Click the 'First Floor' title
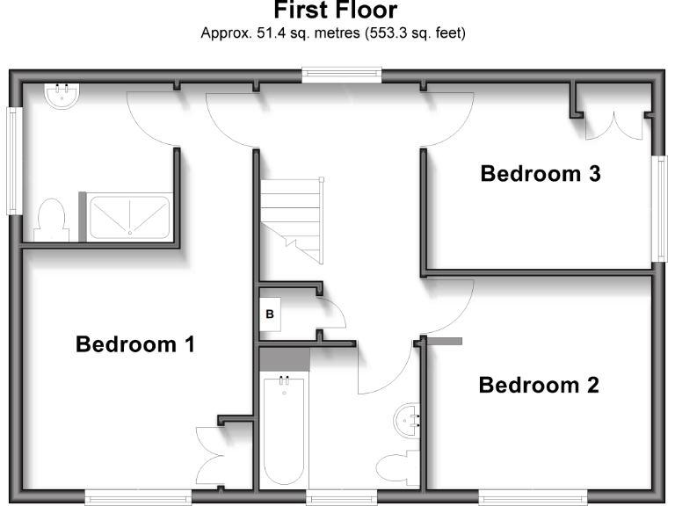pos(335,11)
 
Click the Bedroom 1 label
pos(134,343)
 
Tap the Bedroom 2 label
pos(539,385)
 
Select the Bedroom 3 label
pos(541,174)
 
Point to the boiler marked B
pos(270,314)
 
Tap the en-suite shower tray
pos(130,216)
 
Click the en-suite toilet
pos(51,220)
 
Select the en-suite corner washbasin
pos(62,95)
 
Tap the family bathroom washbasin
pos(410,420)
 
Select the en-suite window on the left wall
pos(13,160)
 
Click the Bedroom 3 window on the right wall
pos(658,208)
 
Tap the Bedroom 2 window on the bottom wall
pos(522,498)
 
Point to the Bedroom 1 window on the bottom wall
pos(138,498)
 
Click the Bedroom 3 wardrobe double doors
pos(619,126)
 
